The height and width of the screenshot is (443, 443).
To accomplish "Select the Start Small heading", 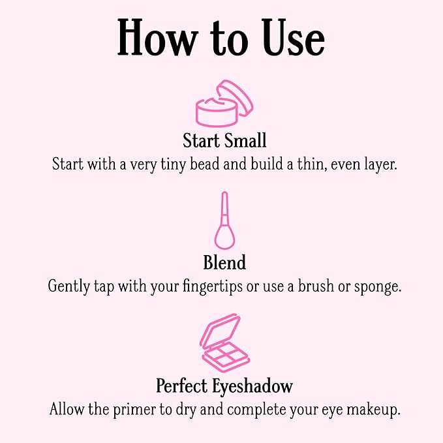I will click(224, 141).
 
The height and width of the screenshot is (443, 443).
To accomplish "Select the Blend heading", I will click(224, 263).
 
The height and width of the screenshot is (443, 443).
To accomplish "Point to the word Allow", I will click(67, 410).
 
